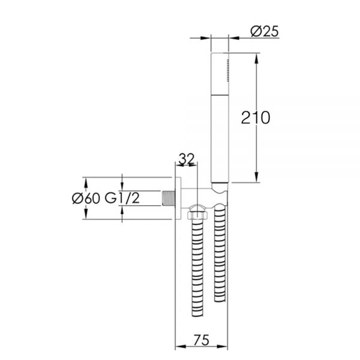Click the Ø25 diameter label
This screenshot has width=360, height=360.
(x=265, y=31)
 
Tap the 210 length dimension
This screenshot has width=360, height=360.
(x=256, y=118)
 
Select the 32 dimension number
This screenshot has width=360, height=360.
(x=187, y=158)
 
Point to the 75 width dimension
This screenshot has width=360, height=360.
(x=202, y=340)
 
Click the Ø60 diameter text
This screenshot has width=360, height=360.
(x=86, y=199)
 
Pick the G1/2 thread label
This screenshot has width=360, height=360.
(x=122, y=198)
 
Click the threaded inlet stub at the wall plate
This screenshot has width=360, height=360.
(x=169, y=198)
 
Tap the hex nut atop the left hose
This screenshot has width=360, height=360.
(x=197, y=215)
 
